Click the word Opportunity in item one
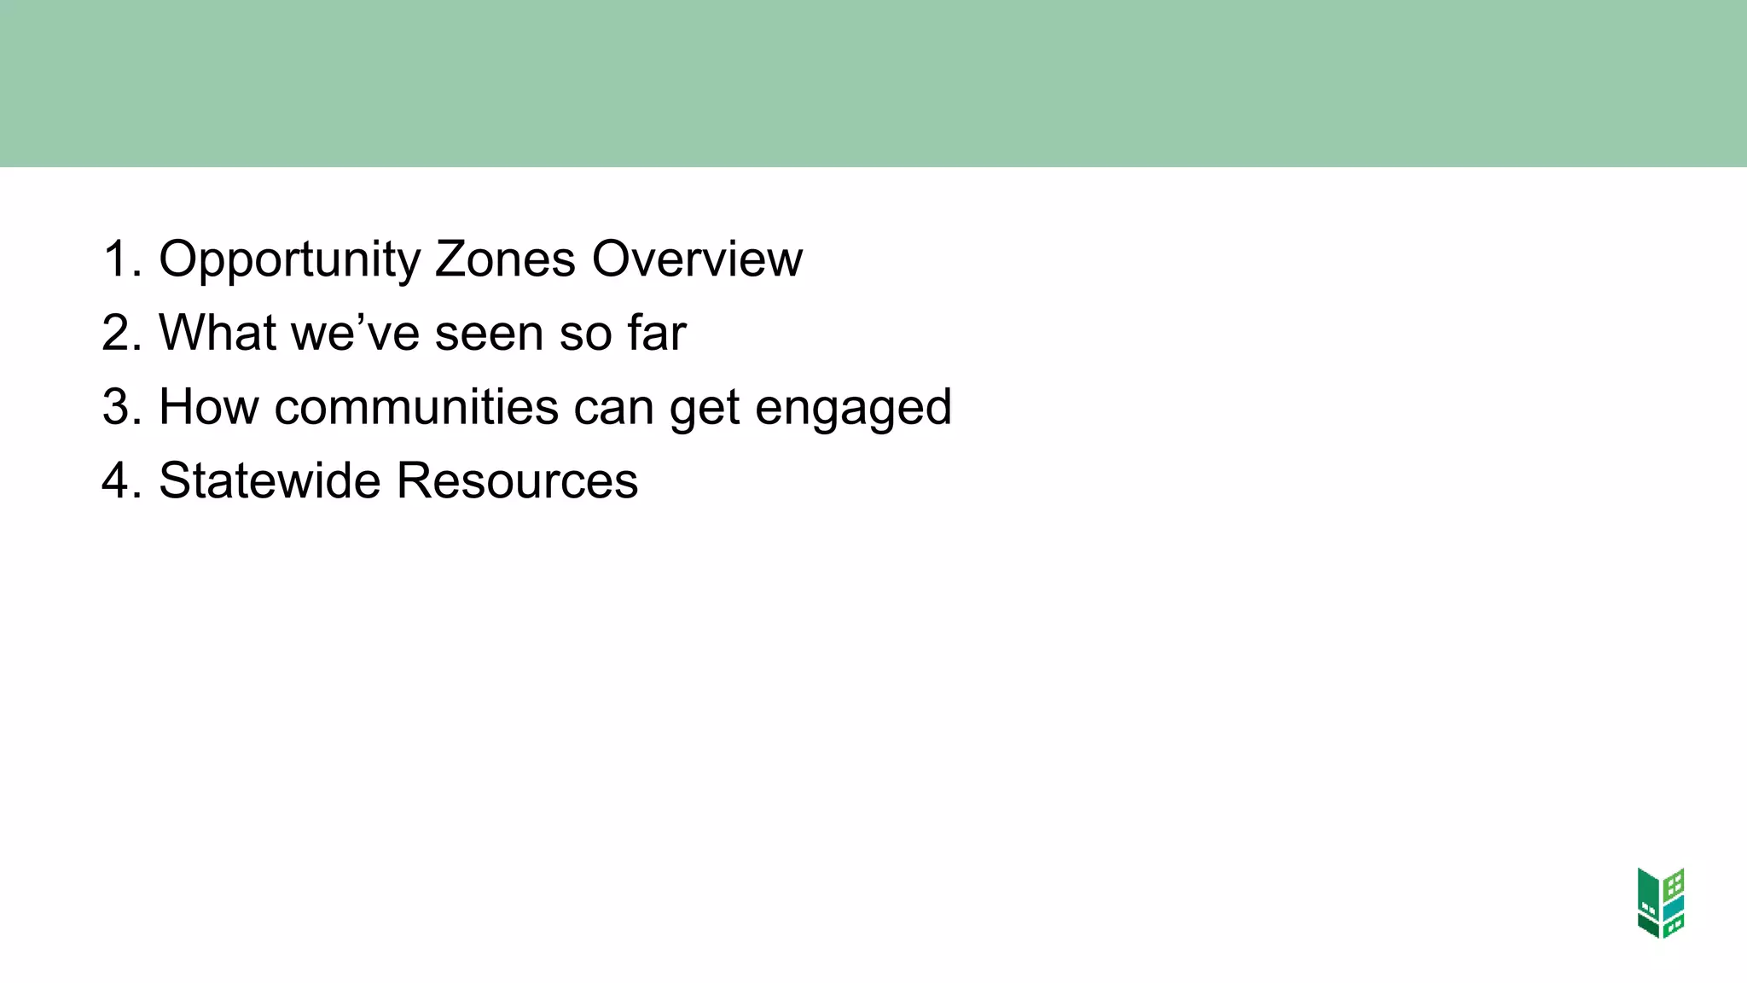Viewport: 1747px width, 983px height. tap(289, 259)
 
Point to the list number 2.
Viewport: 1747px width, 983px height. tap(120, 333)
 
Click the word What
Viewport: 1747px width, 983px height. tap(218, 333)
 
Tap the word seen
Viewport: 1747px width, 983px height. tap(489, 333)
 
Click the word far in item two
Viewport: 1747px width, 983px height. tap(656, 333)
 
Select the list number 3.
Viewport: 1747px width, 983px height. tap(120, 407)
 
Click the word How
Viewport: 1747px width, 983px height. tap(209, 407)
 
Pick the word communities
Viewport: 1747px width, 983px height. tap(416, 407)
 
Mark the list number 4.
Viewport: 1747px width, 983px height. tap(120, 480)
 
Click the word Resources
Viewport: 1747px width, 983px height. tap(517, 480)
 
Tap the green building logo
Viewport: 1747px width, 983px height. tap(1661, 903)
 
